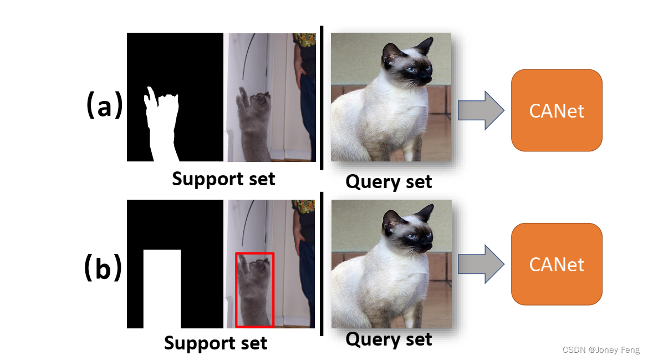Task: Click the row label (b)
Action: (103, 267)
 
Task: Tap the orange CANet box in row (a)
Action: (557, 110)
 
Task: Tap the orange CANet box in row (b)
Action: (557, 264)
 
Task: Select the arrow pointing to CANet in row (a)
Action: (480, 110)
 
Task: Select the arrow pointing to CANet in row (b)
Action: (480, 264)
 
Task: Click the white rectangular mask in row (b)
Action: (162, 288)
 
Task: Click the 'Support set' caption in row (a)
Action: (223, 179)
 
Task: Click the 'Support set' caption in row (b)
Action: (216, 343)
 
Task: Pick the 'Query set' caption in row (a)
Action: (389, 181)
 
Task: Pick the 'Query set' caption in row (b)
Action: (389, 338)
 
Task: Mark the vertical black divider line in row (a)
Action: (321, 97)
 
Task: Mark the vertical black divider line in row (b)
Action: (322, 263)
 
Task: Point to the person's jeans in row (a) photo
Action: (308, 111)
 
